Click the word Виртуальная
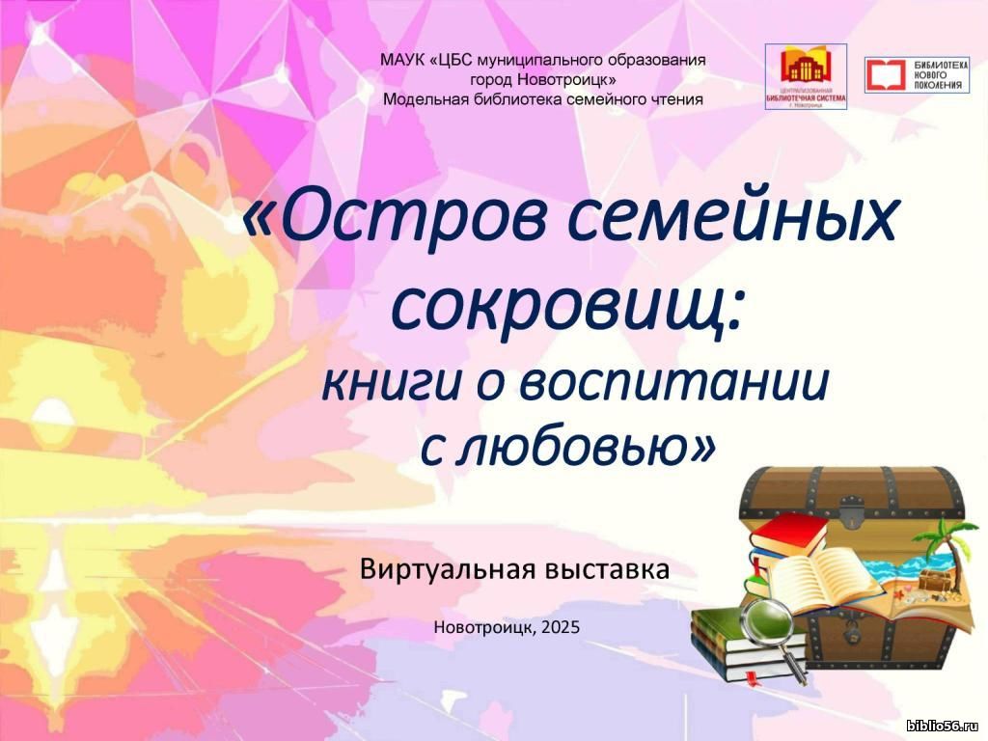pyautogui.click(x=448, y=569)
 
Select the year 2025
pyautogui.click(x=561, y=627)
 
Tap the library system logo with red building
pyautogui.click(x=806, y=76)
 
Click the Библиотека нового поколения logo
pyautogui.click(x=917, y=75)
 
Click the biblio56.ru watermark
pyautogui.click(x=946, y=727)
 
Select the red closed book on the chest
pyautogui.click(x=787, y=535)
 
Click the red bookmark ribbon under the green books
pyautogui.click(x=750, y=679)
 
